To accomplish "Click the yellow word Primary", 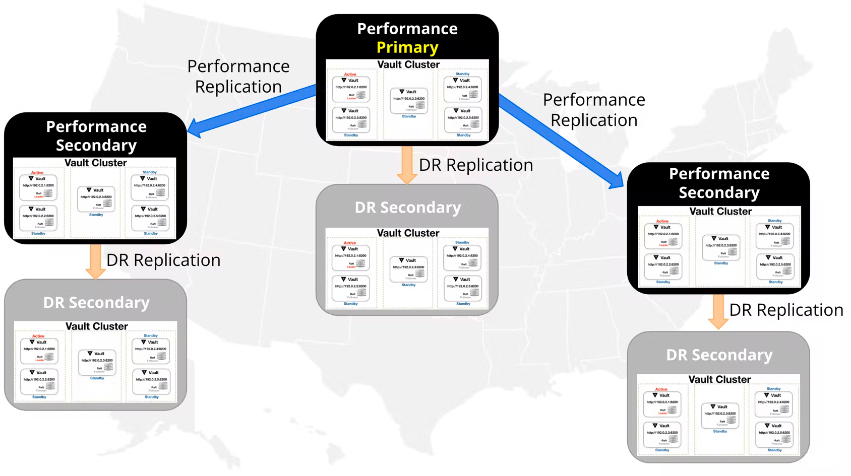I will point(407,47).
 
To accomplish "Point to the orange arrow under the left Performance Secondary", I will point(95,261).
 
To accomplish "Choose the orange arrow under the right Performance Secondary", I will point(718,311).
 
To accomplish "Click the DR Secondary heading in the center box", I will point(407,208).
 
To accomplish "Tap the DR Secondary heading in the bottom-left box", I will point(96,303).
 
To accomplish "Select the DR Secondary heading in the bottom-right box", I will point(719,355).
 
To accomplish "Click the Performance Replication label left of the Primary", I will point(238,77).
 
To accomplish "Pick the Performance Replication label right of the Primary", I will point(594,110).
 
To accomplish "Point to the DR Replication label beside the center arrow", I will point(475,165).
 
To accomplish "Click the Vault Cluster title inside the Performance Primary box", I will point(408,65).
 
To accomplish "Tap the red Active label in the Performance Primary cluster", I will point(350,74).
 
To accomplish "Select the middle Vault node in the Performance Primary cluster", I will point(409,100).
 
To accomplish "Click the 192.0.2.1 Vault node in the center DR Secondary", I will point(351,257).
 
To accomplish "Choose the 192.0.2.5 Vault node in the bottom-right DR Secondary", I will point(774,434).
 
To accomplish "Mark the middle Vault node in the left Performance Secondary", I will point(96,198).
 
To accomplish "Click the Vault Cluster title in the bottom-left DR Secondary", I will point(97,326).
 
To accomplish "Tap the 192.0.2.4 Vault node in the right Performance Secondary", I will point(775,236).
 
